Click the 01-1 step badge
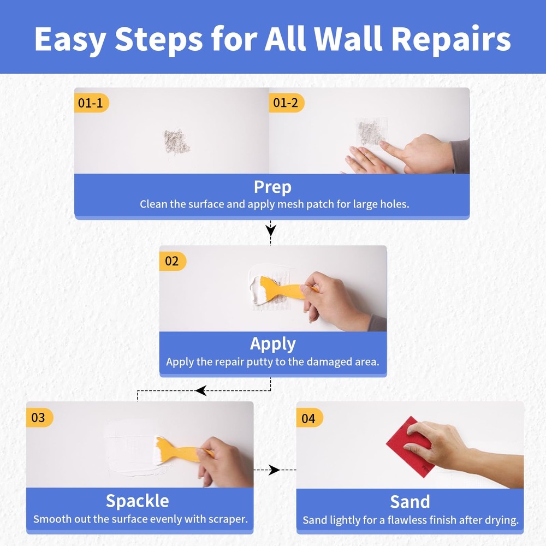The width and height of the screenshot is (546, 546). tap(91, 103)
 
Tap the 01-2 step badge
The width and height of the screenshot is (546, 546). tap(286, 103)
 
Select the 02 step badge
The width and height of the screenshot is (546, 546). tap(172, 261)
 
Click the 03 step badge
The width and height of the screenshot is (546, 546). tap(39, 418)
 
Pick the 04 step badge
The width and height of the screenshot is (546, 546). tap(309, 418)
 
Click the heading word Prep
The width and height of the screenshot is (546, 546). tap(272, 187)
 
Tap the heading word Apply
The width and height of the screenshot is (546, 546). tap(272, 344)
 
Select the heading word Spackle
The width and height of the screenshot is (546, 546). tap(137, 501)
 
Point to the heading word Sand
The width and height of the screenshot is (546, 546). tap(410, 501)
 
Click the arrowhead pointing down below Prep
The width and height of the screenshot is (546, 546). tap(271, 229)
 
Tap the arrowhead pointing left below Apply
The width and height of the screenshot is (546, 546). tap(200, 390)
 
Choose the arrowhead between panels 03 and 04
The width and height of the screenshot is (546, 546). tap(274, 470)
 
